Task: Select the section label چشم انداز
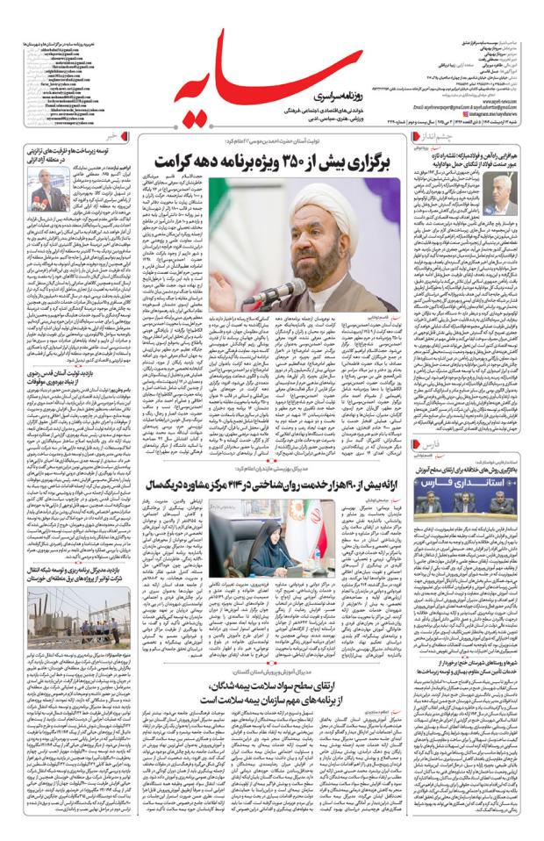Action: (436, 138)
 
